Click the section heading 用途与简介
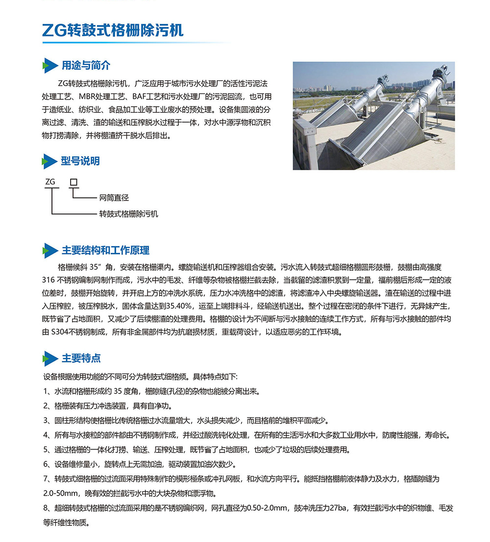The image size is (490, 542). tap(86, 65)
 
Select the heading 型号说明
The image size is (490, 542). tap(80, 161)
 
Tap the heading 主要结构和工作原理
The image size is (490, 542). tap(105, 250)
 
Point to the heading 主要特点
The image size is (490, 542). tap(81, 358)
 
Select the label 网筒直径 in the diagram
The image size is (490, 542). tap(114, 198)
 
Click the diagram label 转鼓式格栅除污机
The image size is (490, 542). tap(129, 214)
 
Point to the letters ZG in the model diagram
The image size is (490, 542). tap(50, 182)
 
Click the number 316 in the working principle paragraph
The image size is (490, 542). tap(49, 280)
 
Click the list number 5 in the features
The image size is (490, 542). tap(45, 450)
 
